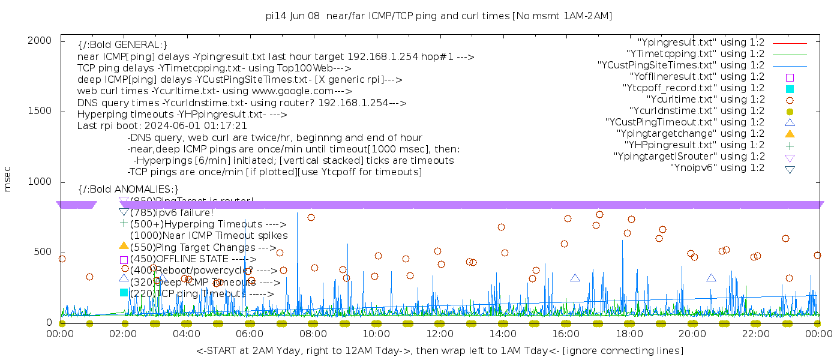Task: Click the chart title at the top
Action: click(x=439, y=16)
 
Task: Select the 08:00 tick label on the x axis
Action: click(x=313, y=333)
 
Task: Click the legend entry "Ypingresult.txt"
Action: click(x=701, y=43)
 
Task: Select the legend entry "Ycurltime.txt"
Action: click(x=706, y=100)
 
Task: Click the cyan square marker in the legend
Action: click(x=790, y=89)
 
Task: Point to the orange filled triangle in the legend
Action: click(x=790, y=134)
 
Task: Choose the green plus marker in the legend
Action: click(x=790, y=145)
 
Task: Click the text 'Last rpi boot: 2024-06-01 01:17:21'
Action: click(x=162, y=126)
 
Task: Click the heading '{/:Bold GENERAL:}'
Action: click(x=122, y=45)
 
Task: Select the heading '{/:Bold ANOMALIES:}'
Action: click(x=128, y=189)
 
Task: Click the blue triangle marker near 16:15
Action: click(x=575, y=278)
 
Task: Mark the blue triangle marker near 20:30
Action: click(x=711, y=278)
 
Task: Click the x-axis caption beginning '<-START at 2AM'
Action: click(x=439, y=350)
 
